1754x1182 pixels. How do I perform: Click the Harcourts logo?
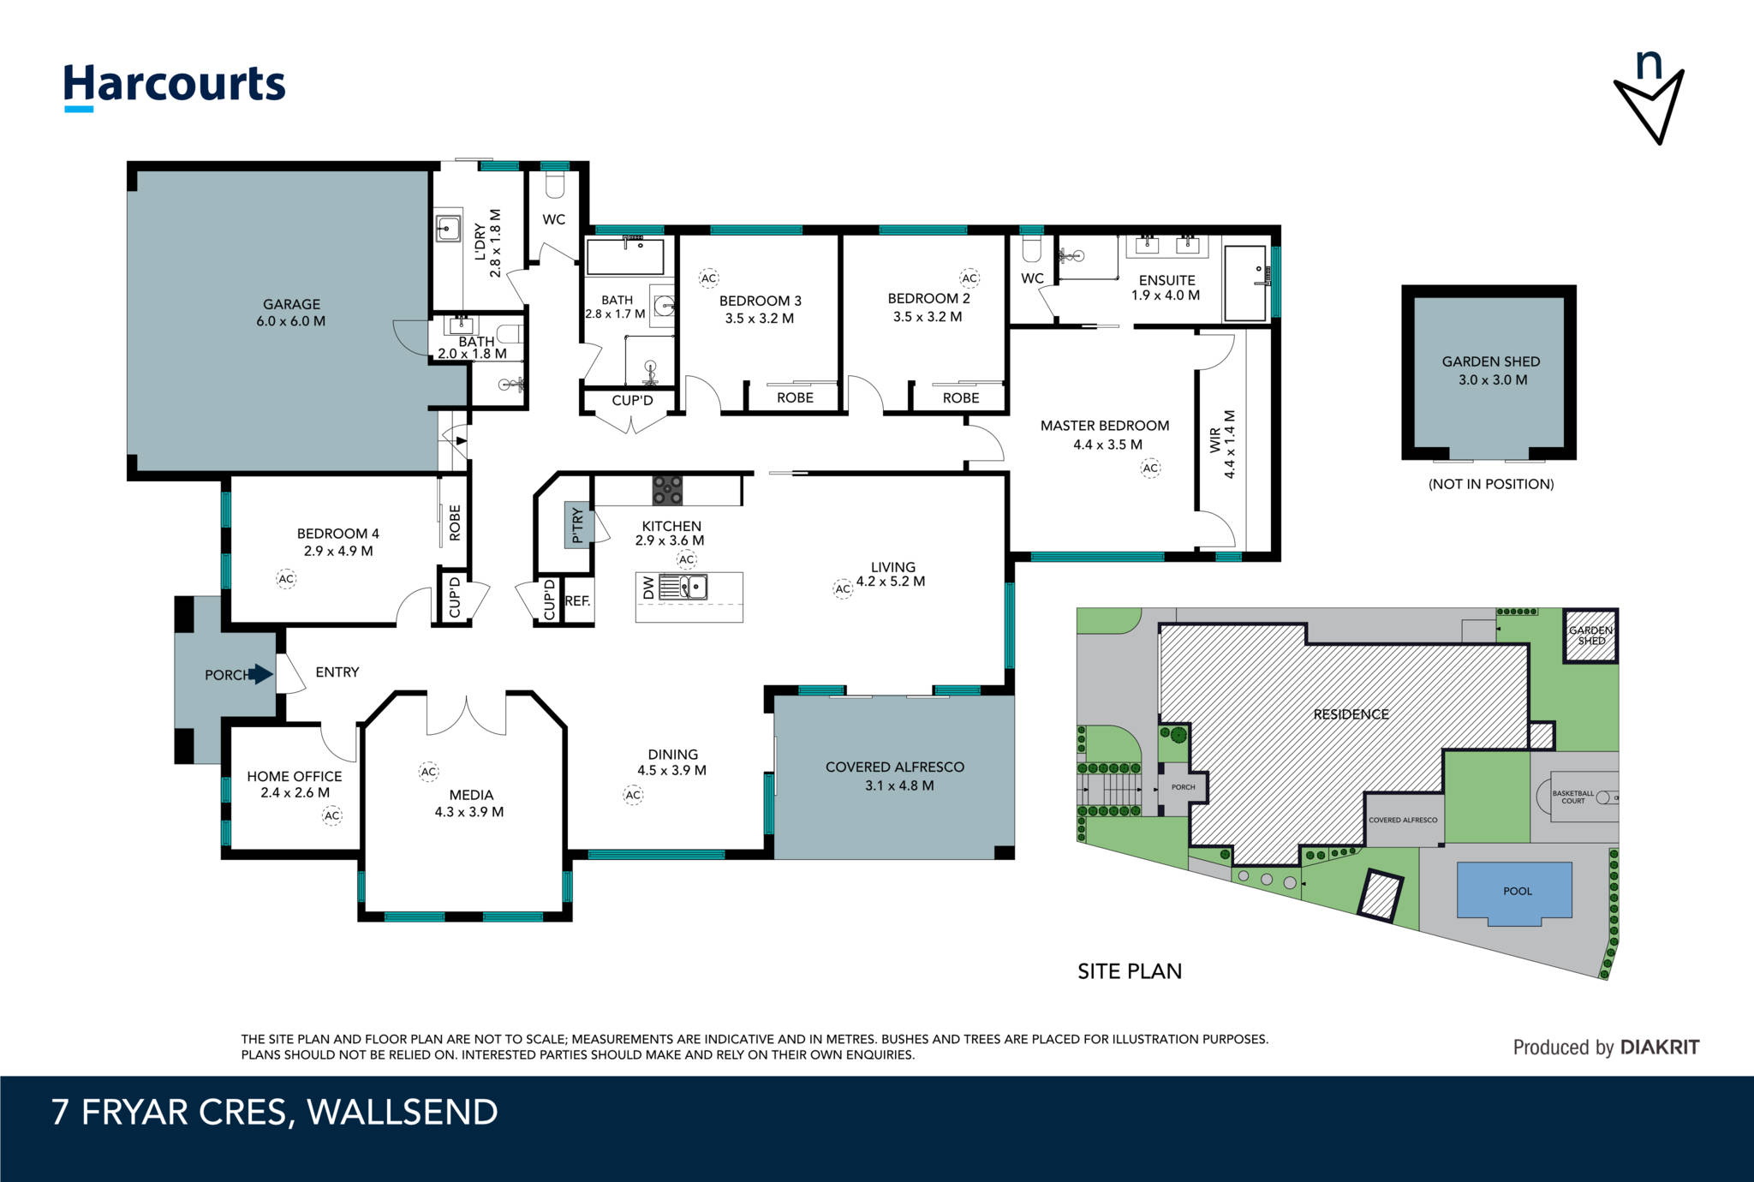click(x=175, y=86)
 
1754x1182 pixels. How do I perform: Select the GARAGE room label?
click(x=291, y=304)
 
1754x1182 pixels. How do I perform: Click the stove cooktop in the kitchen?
click(x=668, y=490)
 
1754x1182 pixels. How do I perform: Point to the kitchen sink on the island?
click(x=694, y=587)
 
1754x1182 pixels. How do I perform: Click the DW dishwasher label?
click(x=648, y=588)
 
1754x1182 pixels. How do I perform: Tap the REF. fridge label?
click(x=578, y=601)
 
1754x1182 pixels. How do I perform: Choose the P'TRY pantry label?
click(x=577, y=525)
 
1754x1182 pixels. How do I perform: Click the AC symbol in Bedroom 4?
click(x=286, y=579)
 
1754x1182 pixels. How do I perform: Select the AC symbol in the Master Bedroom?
click(x=1150, y=468)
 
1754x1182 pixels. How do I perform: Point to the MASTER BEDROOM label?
click(x=1105, y=426)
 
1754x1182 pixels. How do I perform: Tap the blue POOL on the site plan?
click(x=1515, y=893)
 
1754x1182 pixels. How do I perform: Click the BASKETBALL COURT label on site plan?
click(x=1573, y=797)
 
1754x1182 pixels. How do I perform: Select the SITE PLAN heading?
click(x=1130, y=971)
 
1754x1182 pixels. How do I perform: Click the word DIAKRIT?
click(x=1660, y=1048)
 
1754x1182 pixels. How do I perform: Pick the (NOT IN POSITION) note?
click(x=1491, y=484)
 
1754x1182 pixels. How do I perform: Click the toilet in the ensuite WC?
click(x=1032, y=248)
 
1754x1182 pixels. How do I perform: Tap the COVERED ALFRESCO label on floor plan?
click(x=895, y=767)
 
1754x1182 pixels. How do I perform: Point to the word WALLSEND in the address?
click(x=403, y=1112)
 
